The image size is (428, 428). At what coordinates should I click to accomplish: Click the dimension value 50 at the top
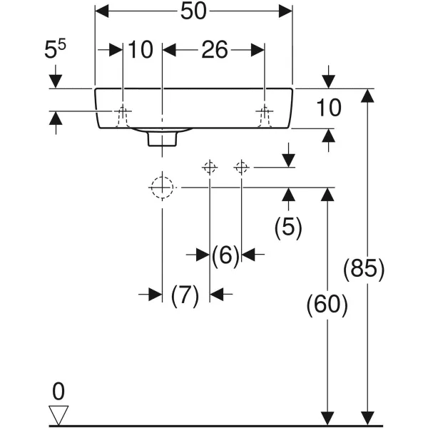[194, 12]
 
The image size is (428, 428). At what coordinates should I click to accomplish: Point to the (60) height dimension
[327, 305]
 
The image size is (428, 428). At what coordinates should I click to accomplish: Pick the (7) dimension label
[184, 295]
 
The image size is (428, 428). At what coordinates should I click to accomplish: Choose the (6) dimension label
[225, 255]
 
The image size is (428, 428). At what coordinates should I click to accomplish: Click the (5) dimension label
[288, 228]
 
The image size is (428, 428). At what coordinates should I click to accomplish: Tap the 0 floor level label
[58, 391]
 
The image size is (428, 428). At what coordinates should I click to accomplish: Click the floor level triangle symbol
[58, 414]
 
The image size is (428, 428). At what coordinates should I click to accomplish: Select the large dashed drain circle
[163, 188]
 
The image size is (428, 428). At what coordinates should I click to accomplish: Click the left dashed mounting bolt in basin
[123, 116]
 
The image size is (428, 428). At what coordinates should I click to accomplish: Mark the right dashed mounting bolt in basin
[265, 116]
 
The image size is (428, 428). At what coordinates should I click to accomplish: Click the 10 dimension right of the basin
[329, 108]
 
